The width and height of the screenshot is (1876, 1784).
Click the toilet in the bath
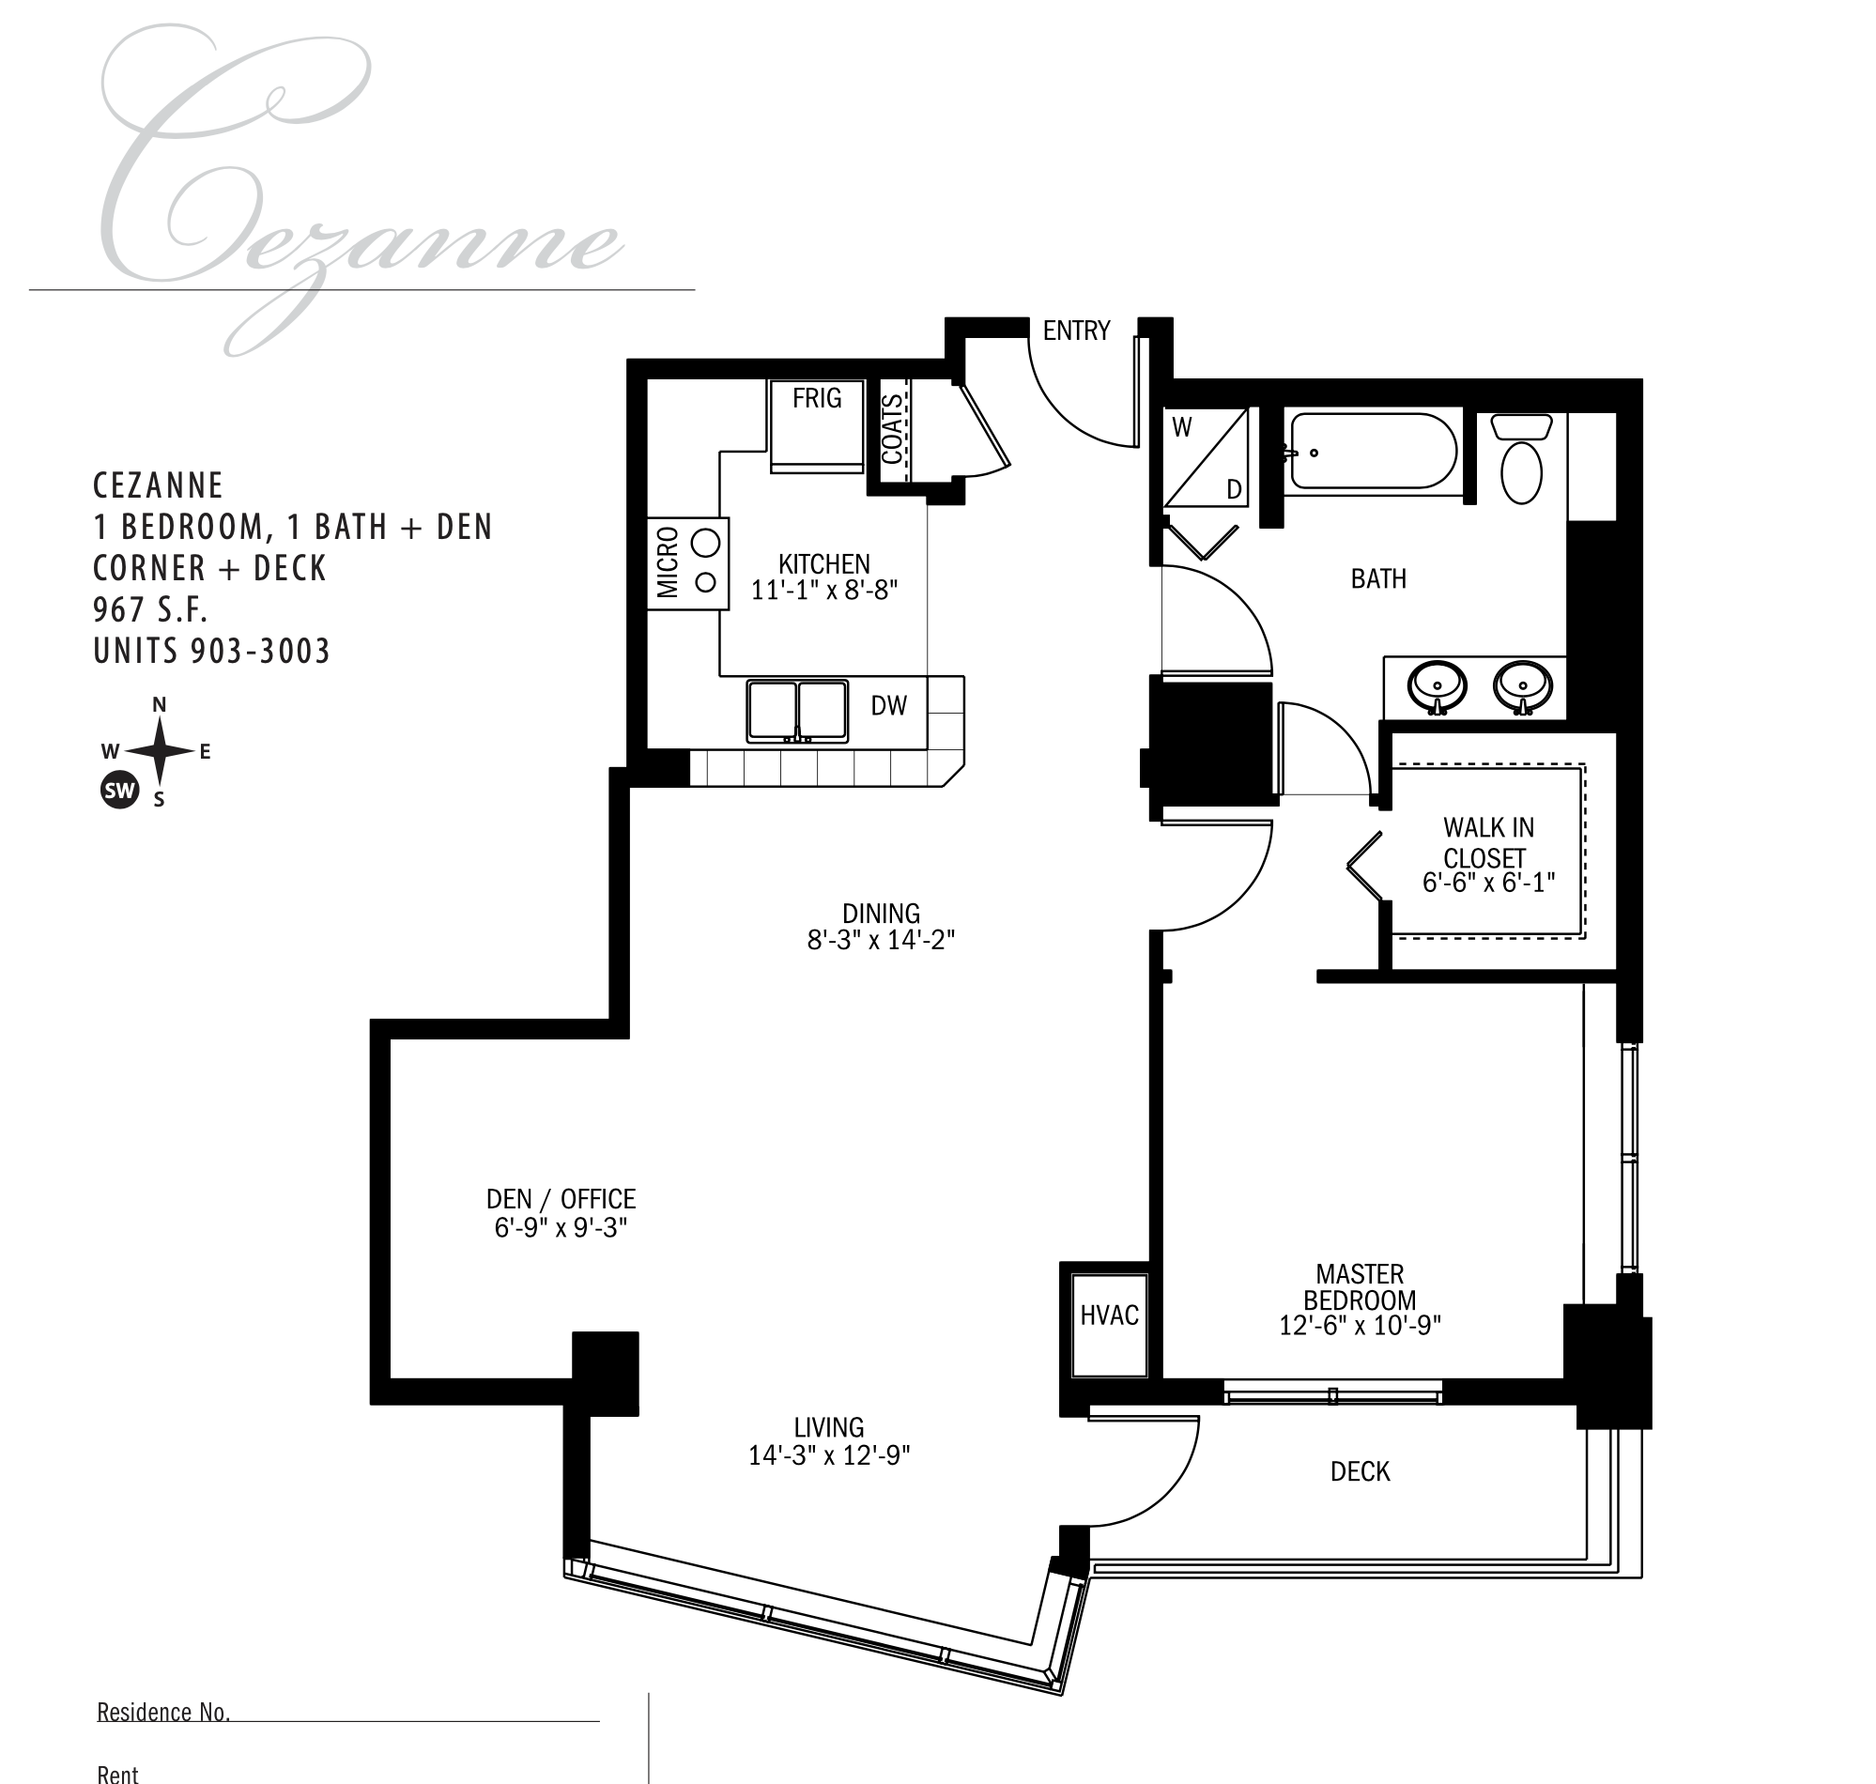[1521, 458]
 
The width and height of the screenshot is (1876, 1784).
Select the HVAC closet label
[1109, 1315]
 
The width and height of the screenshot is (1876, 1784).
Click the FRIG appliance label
[817, 397]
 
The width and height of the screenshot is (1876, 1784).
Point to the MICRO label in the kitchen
[668, 562]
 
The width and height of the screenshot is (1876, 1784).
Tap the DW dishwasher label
[888, 704]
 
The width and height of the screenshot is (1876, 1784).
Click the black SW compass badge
[120, 790]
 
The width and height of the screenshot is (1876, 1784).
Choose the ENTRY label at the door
[1076, 330]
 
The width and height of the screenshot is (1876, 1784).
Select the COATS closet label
[892, 429]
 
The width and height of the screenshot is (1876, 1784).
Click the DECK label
[1360, 1471]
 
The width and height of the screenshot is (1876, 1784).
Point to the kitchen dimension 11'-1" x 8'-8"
[824, 591]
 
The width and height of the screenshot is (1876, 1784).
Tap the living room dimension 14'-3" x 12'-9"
[829, 1456]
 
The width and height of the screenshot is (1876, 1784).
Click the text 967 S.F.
[150, 608]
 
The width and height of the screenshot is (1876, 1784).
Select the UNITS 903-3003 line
[211, 651]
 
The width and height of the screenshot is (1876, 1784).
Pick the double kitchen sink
[797, 711]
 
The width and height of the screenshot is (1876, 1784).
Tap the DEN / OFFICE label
[561, 1199]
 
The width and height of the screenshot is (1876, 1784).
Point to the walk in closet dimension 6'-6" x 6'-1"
[1488, 883]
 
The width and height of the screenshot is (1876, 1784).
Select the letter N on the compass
[160, 704]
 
